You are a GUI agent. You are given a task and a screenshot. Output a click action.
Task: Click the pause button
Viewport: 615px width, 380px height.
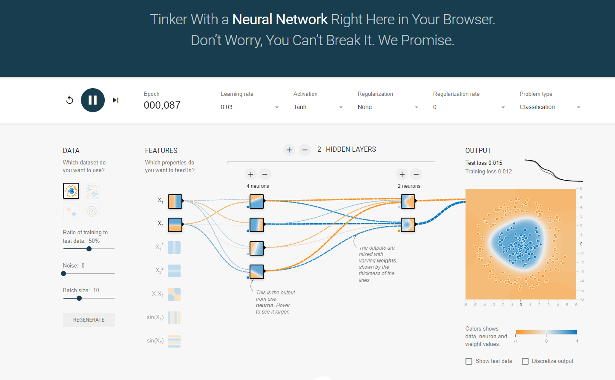(93, 100)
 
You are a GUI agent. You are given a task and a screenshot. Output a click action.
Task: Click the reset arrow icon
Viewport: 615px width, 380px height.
(70, 100)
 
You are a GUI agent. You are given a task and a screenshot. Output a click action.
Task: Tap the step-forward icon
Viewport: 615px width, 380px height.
(115, 100)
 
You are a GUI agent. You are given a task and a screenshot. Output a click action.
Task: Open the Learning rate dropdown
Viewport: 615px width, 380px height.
(250, 107)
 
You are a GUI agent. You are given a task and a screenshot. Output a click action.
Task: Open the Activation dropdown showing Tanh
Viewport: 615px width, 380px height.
(318, 107)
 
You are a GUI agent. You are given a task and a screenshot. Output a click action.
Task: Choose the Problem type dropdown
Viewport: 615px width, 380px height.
(550, 107)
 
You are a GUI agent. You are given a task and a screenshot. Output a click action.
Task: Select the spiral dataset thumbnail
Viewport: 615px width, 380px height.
(92, 211)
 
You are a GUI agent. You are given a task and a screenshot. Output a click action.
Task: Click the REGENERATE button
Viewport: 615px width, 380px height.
(89, 320)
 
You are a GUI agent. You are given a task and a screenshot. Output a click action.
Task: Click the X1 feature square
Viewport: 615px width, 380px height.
(175, 201)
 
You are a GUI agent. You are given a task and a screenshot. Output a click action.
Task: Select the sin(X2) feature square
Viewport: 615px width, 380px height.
(174, 341)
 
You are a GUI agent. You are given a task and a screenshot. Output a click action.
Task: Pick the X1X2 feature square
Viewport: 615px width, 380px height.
(174, 294)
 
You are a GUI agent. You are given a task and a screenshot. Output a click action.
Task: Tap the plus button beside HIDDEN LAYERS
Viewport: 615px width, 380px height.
(289, 150)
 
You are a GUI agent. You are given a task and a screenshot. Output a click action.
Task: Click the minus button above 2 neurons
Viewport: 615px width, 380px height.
(416, 174)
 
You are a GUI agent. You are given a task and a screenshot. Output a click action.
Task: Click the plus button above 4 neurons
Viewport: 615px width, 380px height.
(251, 174)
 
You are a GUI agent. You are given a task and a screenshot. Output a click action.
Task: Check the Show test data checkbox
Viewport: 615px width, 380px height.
(469, 361)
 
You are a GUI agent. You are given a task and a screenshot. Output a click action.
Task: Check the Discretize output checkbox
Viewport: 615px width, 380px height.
(525, 361)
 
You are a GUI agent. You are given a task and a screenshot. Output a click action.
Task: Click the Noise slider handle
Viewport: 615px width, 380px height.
(63, 273)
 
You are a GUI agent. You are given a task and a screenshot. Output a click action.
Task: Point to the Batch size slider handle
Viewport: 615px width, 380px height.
(79, 298)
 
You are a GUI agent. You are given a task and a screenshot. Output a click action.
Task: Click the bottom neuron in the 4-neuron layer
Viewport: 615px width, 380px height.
(257, 271)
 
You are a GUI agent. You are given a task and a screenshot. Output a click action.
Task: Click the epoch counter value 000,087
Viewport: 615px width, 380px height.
(162, 105)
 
